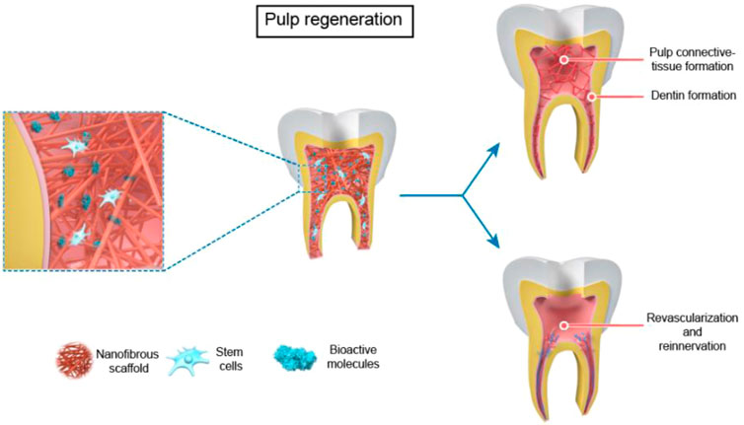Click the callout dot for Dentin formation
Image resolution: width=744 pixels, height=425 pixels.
tap(592, 97)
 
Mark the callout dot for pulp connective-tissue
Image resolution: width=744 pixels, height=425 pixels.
tap(564, 60)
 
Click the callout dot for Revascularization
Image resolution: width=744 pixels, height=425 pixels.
tap(564, 324)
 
